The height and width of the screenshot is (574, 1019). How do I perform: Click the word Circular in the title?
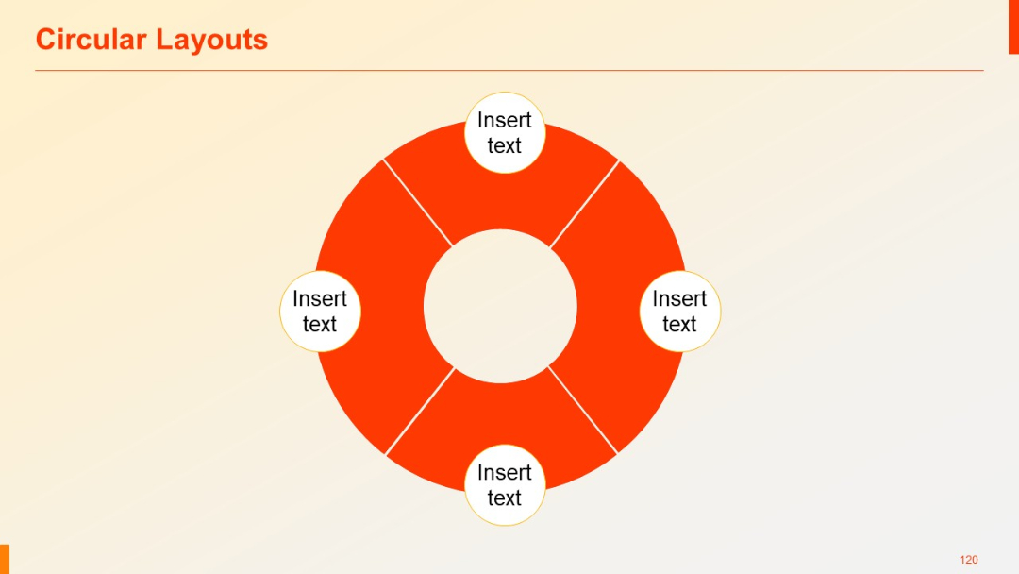(x=92, y=40)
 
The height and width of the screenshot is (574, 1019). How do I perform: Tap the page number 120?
(x=968, y=560)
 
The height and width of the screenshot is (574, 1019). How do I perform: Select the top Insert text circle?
(x=505, y=132)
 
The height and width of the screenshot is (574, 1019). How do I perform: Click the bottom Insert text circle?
(x=505, y=484)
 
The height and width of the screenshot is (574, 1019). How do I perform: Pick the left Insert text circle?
(x=320, y=312)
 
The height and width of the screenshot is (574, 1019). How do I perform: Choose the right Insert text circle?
(x=679, y=312)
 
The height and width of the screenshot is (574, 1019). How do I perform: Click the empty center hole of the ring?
(x=500, y=307)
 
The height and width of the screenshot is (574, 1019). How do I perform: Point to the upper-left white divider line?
(x=418, y=203)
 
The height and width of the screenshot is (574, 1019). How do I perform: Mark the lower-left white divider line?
(x=420, y=411)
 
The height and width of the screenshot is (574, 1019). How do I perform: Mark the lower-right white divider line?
(x=583, y=411)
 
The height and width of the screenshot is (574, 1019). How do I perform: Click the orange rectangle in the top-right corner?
(x=1013, y=26)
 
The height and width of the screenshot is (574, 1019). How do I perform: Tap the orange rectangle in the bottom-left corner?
(x=5, y=558)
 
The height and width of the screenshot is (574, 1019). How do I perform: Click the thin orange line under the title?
(x=509, y=70)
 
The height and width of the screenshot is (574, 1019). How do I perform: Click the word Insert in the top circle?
(x=505, y=120)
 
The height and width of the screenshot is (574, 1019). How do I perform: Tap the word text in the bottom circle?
(x=505, y=498)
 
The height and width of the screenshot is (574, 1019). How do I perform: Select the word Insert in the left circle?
(x=320, y=298)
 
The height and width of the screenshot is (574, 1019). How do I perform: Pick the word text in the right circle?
(x=679, y=325)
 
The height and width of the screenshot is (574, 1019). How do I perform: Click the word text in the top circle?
(x=505, y=145)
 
